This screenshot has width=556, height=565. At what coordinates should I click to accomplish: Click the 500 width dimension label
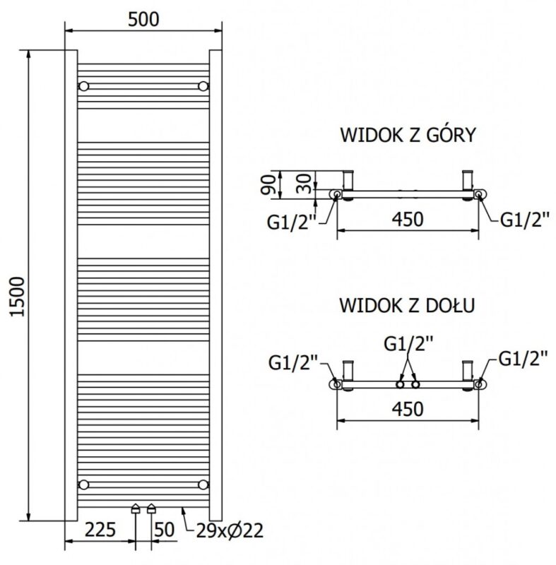click(x=143, y=20)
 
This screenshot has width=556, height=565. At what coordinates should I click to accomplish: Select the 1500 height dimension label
click(x=18, y=297)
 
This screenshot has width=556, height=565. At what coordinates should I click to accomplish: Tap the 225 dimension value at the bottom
click(x=100, y=529)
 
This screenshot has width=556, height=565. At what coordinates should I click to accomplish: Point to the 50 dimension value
click(x=165, y=529)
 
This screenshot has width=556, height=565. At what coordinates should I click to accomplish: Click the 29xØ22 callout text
click(x=230, y=530)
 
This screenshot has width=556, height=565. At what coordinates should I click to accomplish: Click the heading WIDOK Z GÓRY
click(x=408, y=134)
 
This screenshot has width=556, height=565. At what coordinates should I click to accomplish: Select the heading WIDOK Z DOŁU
click(x=407, y=305)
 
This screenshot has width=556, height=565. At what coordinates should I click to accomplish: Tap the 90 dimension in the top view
click(x=268, y=184)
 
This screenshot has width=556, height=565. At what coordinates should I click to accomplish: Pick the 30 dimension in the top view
click(x=303, y=184)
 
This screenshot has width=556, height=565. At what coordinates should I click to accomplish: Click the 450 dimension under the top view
click(x=408, y=219)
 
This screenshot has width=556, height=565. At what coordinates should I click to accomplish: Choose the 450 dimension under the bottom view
click(x=408, y=409)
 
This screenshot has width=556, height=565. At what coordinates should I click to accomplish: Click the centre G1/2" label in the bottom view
click(x=408, y=343)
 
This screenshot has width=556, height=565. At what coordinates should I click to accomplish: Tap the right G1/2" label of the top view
click(x=525, y=220)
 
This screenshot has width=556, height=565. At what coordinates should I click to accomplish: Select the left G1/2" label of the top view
click(x=291, y=222)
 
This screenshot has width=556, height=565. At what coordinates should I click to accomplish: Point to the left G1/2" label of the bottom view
click(x=293, y=362)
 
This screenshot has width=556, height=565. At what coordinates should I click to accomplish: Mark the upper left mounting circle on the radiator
click(x=83, y=86)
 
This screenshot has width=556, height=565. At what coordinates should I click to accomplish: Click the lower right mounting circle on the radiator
click(x=203, y=484)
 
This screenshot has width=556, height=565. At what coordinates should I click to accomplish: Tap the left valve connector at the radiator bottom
click(x=136, y=508)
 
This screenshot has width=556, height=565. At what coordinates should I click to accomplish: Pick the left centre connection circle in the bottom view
click(x=400, y=384)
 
